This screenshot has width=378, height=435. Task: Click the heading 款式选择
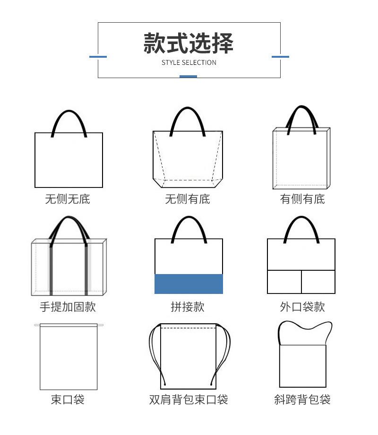pyautogui.click(x=189, y=43)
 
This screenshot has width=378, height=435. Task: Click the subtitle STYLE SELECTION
pyautogui.click(x=189, y=62)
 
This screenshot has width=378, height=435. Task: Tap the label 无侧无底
pyautogui.click(x=68, y=199)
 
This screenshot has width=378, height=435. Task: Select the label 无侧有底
pyautogui.click(x=188, y=199)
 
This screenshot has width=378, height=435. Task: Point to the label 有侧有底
pyautogui.click(x=302, y=199)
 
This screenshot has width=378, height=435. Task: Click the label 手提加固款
pyautogui.click(x=68, y=307)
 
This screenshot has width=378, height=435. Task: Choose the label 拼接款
pyautogui.click(x=188, y=307)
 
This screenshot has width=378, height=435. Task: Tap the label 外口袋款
pyautogui.click(x=302, y=307)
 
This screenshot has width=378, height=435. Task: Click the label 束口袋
pyautogui.click(x=68, y=399)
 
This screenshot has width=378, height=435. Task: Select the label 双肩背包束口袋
pyautogui.click(x=189, y=399)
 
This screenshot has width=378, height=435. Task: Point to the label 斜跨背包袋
pyautogui.click(x=302, y=399)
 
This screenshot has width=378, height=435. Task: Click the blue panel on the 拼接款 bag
pyautogui.click(x=189, y=284)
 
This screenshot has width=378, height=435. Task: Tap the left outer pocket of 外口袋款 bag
pyautogui.click(x=284, y=282)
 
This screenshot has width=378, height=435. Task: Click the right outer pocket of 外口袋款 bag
pyautogui.click(x=318, y=282)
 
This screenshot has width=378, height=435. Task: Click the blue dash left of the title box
pyautogui.click(x=98, y=57)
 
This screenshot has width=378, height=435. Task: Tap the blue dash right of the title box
pyautogui.click(x=280, y=57)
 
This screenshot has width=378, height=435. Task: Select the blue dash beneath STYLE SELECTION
pyautogui.click(x=189, y=76)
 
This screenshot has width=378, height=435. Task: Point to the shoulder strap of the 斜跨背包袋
pyautogui.click(x=305, y=327)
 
